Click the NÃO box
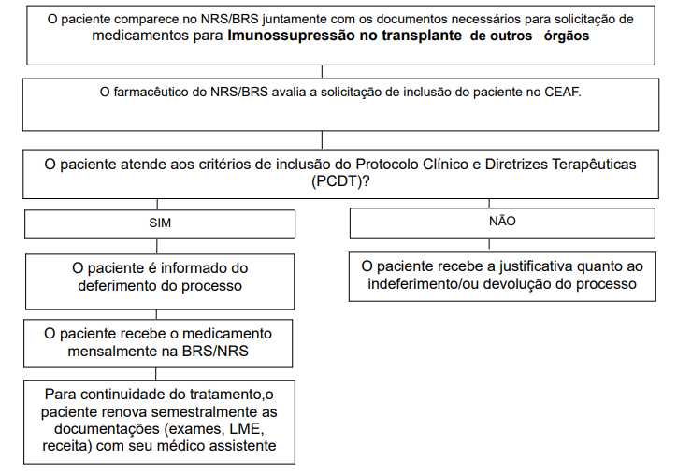tap(501, 222)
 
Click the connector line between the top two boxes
tap(323, 71)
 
